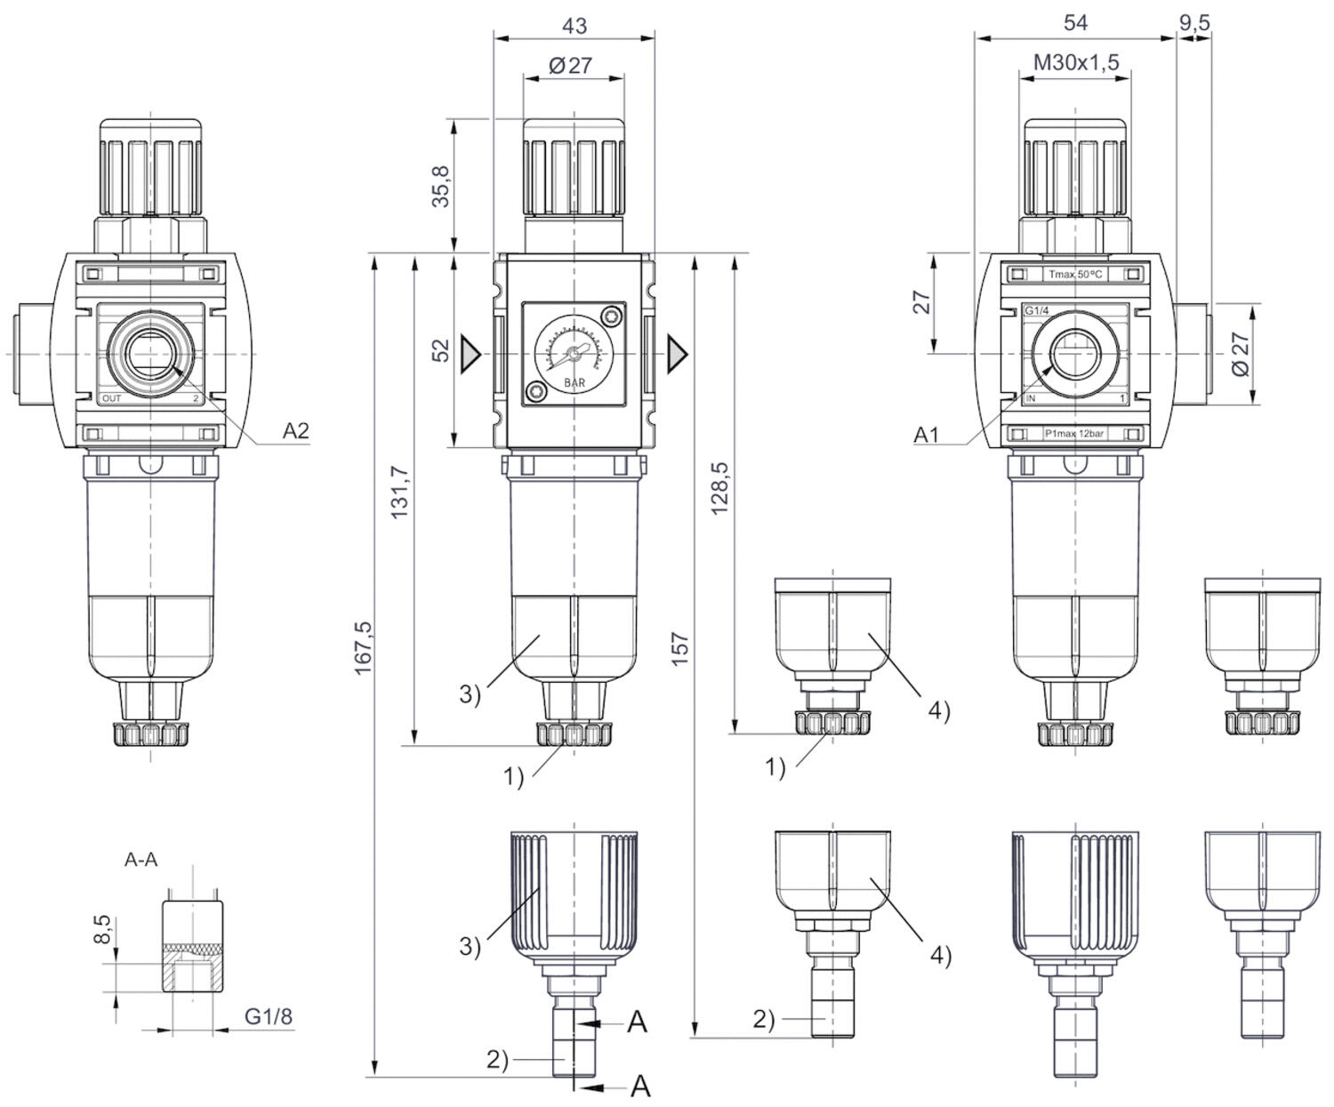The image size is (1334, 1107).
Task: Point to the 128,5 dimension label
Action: point(720,488)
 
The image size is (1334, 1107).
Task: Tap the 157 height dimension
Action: point(680,650)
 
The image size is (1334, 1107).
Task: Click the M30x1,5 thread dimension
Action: point(1076,62)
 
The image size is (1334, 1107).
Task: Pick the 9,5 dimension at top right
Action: point(1194,23)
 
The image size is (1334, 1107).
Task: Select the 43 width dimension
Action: point(575,26)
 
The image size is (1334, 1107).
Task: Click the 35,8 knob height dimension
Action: point(441,186)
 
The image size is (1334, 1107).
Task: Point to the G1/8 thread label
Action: point(269,1016)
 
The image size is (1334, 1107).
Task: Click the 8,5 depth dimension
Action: point(103,931)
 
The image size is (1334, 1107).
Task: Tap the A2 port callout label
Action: point(296,431)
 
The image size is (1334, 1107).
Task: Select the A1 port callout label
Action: point(927,435)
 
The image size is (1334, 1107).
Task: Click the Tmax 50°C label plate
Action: point(1074,275)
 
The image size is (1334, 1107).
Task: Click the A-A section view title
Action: point(141,860)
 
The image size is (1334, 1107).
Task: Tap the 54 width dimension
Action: point(1075,23)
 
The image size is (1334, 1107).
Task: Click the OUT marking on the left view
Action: point(112,398)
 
